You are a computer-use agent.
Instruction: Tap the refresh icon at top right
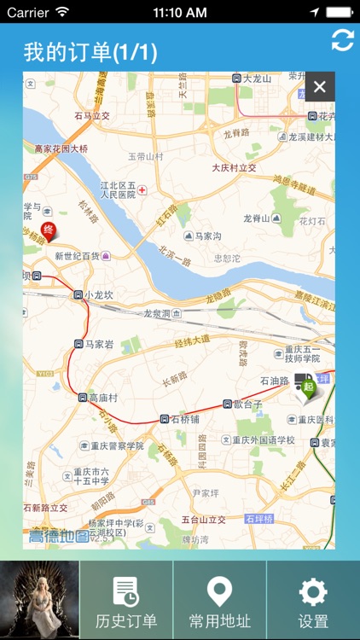342,40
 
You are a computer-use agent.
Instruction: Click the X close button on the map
320,86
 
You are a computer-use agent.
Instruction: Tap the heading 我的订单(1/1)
90,52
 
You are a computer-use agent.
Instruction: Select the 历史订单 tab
126,601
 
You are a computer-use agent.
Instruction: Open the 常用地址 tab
220,601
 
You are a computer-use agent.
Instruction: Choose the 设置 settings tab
313,601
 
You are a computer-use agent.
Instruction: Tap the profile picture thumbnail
39,601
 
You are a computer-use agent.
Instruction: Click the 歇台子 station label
248,404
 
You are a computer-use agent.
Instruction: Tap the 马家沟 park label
205,236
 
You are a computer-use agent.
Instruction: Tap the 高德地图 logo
58,537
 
